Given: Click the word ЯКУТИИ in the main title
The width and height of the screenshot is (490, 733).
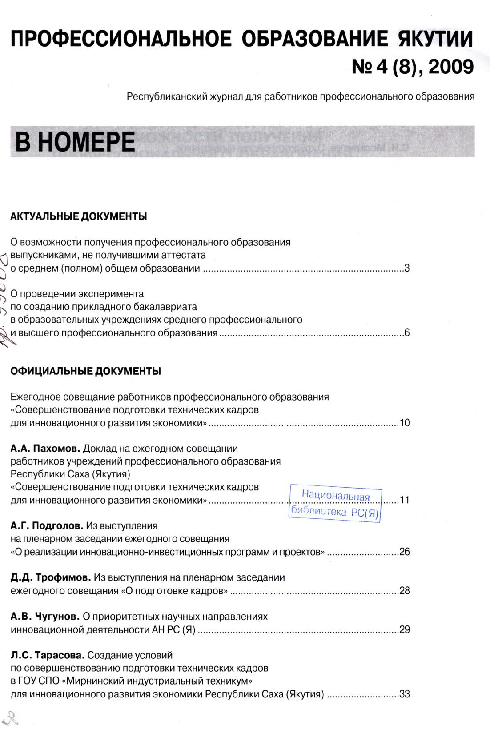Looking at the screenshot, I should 431,39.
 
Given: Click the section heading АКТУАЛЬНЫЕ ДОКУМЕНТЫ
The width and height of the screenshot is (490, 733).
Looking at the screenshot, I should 79,217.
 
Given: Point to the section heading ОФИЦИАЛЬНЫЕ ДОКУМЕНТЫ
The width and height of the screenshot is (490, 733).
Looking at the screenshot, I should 85,371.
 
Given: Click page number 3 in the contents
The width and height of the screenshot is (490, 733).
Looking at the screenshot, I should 406,268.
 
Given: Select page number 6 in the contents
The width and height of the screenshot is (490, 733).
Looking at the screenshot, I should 406,333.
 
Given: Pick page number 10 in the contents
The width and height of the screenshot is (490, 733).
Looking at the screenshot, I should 404,423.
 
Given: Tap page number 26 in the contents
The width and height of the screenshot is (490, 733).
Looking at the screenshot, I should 404,552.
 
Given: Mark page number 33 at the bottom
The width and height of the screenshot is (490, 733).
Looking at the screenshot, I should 404,694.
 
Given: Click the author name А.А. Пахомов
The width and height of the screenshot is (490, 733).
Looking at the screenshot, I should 45,448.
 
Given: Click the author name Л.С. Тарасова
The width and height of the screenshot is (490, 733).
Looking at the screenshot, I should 47,655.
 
